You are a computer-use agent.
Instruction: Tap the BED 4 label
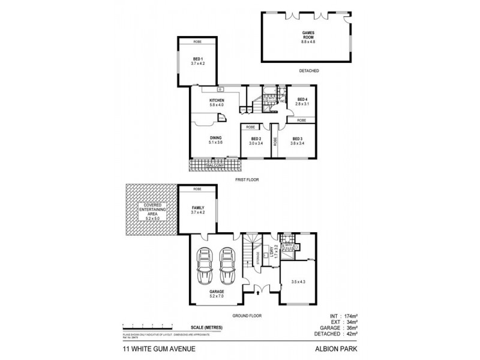tap(301, 101)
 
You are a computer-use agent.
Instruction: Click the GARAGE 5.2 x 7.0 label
tap(217, 294)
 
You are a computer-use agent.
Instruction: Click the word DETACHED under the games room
tap(308, 71)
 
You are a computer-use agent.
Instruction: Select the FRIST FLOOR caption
tap(245, 179)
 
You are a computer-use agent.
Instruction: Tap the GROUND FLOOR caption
tap(247, 315)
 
